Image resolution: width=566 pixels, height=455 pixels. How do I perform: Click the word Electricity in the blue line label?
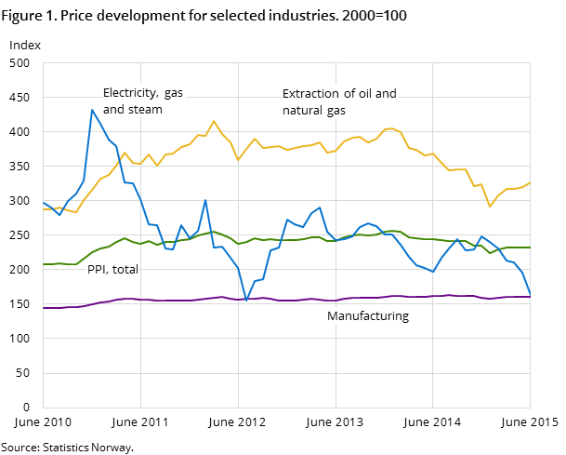pos(129,93)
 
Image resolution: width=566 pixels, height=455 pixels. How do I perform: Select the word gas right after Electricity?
pos(175,93)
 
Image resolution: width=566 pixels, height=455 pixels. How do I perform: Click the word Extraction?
pos(310,94)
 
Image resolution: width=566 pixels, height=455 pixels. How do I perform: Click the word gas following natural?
pos(336,111)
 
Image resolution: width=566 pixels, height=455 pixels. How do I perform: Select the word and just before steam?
pos(113,110)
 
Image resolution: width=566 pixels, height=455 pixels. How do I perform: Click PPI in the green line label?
pos(97,270)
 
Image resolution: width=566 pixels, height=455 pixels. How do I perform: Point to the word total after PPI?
pos(125,270)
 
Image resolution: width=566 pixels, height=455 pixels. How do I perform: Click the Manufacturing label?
pos(367,316)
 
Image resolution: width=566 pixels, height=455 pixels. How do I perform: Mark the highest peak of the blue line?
pos(92,110)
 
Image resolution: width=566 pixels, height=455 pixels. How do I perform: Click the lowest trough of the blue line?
pos(246,301)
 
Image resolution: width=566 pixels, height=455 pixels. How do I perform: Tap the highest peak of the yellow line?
pos(214,121)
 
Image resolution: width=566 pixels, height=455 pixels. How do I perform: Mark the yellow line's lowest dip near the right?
pos(490,207)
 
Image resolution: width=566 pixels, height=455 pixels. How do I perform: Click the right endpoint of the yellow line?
pos(530,182)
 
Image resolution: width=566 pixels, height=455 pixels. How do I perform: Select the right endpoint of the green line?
pos(530,248)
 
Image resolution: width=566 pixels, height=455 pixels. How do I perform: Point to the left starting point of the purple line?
pos(44,308)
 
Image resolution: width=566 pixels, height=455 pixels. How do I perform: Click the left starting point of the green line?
pos(44,264)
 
